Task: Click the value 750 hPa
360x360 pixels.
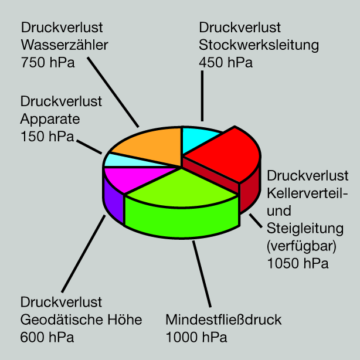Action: (x=47, y=62)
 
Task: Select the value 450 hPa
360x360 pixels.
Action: (x=226, y=62)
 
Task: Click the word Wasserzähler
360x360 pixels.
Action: (x=64, y=45)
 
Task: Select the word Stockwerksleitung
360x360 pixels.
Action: (x=259, y=45)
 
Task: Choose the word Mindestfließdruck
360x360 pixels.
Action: (x=224, y=320)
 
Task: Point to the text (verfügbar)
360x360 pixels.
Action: (x=301, y=244)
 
